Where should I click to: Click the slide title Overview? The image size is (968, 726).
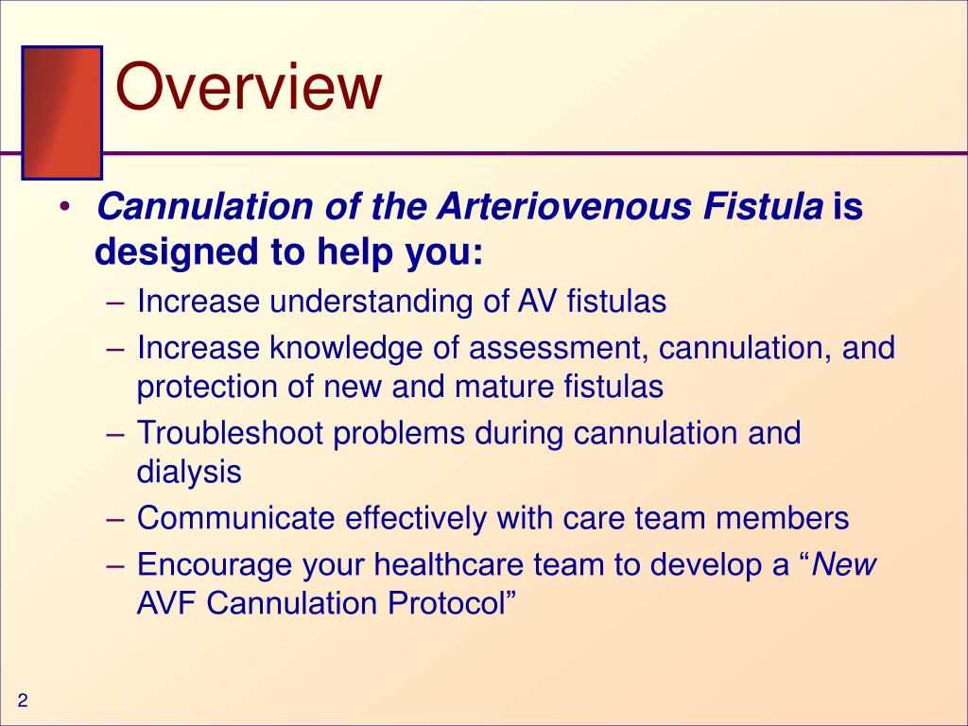pyautogui.click(x=249, y=89)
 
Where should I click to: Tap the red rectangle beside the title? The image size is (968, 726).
pyautogui.click(x=62, y=113)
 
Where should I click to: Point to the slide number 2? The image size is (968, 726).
pyautogui.click(x=23, y=700)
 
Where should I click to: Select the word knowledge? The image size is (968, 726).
pyautogui.click(x=349, y=348)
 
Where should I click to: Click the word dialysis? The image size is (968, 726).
pyautogui.click(x=189, y=471)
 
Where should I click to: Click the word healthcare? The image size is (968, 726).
pyautogui.click(x=452, y=565)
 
